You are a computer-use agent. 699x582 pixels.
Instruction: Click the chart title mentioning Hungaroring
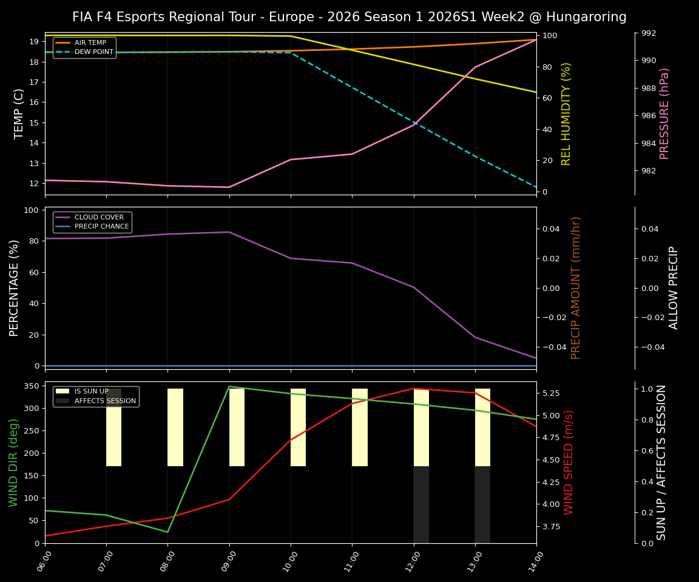point(349,17)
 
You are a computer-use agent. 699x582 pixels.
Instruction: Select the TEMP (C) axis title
point(19,113)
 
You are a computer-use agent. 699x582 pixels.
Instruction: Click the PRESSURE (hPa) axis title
point(664,113)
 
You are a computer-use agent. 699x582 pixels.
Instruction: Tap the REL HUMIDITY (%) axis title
point(566,113)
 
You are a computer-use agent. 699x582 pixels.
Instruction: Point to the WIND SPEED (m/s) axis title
point(569,462)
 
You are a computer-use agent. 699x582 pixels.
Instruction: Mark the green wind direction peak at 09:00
point(229,387)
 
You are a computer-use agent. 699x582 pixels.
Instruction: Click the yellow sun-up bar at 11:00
point(360,427)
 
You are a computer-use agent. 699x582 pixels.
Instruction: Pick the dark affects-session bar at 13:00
point(482,504)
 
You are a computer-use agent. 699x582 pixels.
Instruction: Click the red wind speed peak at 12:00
point(414,389)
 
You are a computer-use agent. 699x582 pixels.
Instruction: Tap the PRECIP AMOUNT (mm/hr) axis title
point(576,288)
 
